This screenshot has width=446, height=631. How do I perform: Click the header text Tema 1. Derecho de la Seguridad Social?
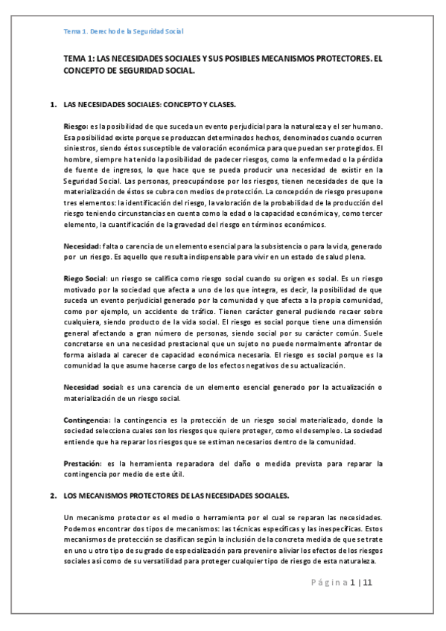[x=124, y=32]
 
